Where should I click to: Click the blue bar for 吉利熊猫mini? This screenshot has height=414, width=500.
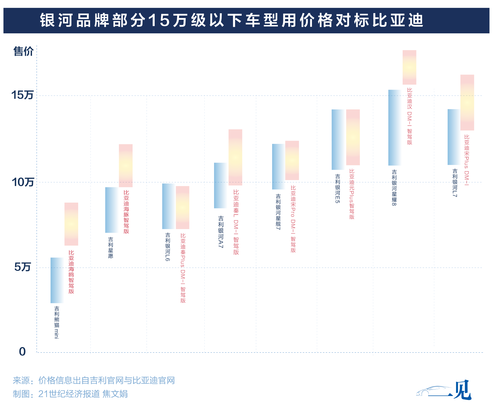(x=57, y=280)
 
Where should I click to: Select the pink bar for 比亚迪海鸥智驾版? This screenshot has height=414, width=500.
(x=71, y=224)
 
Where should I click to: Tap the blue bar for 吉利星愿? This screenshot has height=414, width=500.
(x=111, y=210)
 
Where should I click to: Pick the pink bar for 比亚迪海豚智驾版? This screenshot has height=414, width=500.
(x=126, y=165)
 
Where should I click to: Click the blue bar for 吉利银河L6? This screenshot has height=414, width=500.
(x=168, y=206)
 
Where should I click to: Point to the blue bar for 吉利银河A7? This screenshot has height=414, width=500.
(x=220, y=185)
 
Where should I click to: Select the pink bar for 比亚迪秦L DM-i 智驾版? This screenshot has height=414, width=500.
(x=235, y=157)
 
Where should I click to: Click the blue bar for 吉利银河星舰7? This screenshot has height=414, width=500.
(x=278, y=166)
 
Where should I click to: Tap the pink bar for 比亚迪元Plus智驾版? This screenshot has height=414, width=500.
(x=353, y=137)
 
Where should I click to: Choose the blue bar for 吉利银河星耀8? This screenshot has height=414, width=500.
(x=395, y=127)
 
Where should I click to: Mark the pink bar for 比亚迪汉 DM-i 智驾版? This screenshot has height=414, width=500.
(x=409, y=67)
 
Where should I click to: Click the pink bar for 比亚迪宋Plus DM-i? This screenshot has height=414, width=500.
(x=467, y=102)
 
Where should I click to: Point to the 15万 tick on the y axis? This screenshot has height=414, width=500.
(x=22, y=95)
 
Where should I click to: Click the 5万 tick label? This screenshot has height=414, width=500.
(x=22, y=267)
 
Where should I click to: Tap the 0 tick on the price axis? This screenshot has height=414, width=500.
(x=22, y=351)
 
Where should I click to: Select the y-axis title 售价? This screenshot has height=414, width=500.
(x=23, y=51)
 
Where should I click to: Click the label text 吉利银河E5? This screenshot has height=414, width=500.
(x=337, y=188)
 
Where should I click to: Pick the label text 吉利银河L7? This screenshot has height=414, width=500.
(x=455, y=183)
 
